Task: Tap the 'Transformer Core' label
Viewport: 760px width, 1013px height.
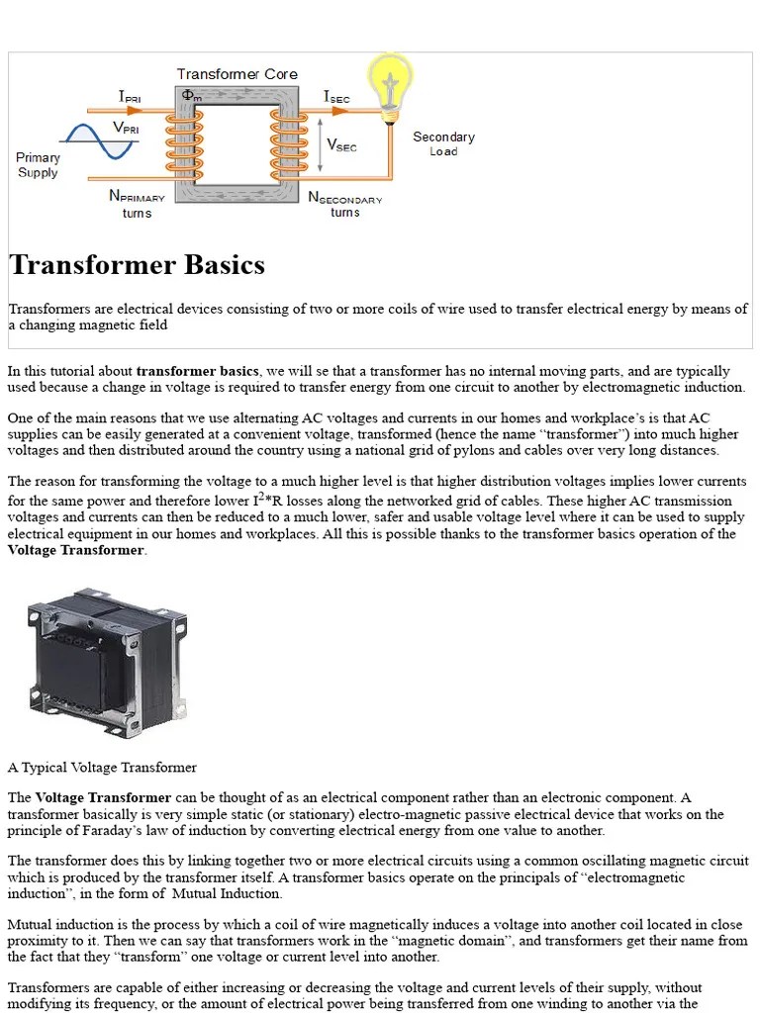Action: (x=237, y=74)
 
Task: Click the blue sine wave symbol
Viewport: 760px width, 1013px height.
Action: (x=99, y=140)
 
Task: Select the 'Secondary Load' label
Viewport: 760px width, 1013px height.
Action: (x=443, y=143)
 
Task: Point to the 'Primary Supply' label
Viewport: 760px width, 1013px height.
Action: (x=38, y=165)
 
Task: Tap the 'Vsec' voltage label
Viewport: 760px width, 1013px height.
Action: (x=341, y=145)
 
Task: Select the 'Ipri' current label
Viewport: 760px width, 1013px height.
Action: (x=130, y=97)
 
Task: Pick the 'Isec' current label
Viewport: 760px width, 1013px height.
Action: (x=336, y=97)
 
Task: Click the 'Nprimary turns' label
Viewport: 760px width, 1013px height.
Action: (x=137, y=204)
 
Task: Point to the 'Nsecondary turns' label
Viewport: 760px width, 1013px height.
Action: (x=344, y=205)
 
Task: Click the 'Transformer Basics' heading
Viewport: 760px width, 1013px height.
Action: (x=138, y=265)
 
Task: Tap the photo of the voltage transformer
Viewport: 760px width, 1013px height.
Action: (x=107, y=657)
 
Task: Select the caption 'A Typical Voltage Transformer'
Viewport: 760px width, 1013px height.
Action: (x=102, y=767)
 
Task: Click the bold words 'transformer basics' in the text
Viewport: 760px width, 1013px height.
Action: (x=198, y=371)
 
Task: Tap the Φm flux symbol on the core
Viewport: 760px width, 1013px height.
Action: (x=190, y=96)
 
